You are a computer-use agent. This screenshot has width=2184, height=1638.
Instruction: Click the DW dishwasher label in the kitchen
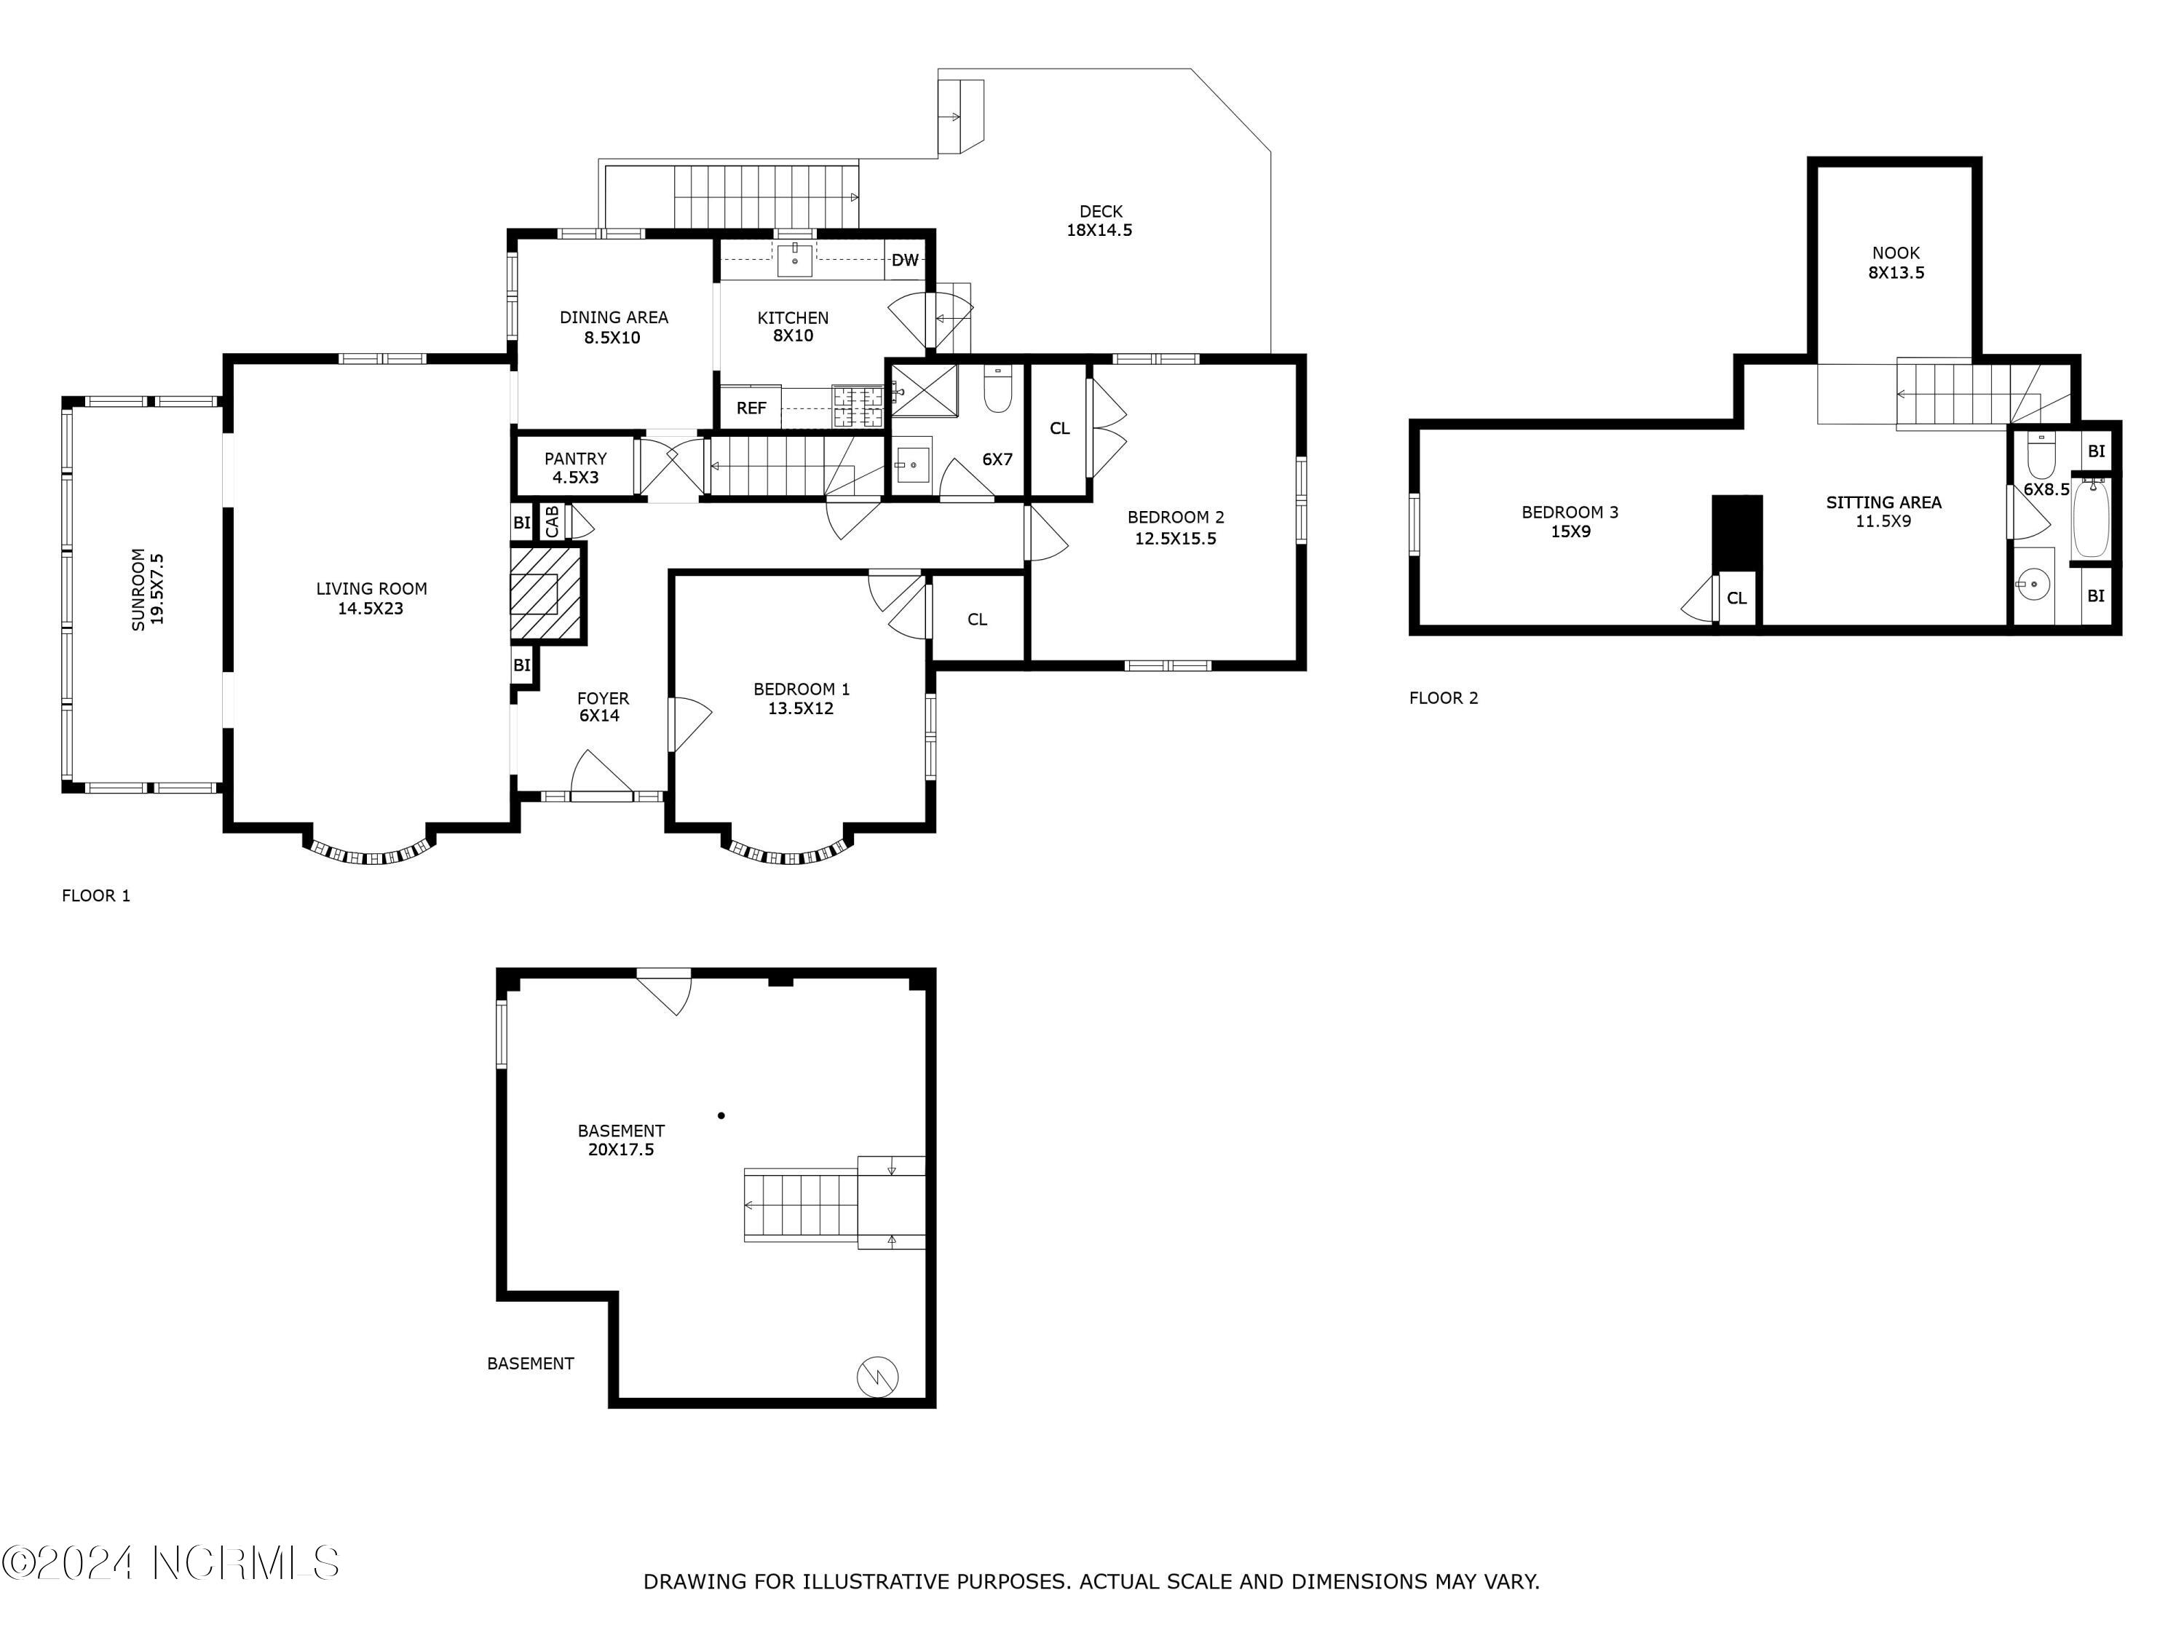(904, 261)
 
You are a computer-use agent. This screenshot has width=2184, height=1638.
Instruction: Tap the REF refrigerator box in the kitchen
(751, 407)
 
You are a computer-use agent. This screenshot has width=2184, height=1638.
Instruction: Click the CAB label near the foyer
(552, 521)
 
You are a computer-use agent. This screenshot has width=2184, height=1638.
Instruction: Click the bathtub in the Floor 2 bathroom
(2092, 518)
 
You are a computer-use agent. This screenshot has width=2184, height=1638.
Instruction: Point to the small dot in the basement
(721, 1116)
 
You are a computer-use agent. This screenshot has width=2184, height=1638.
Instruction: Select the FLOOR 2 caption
(1444, 698)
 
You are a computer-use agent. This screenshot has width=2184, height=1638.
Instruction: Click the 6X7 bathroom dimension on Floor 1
(997, 459)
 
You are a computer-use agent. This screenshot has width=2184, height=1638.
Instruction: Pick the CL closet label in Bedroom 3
(1737, 598)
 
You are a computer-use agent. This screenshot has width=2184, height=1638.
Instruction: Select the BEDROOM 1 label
(801, 689)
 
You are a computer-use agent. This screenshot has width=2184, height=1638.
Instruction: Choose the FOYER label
(602, 698)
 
